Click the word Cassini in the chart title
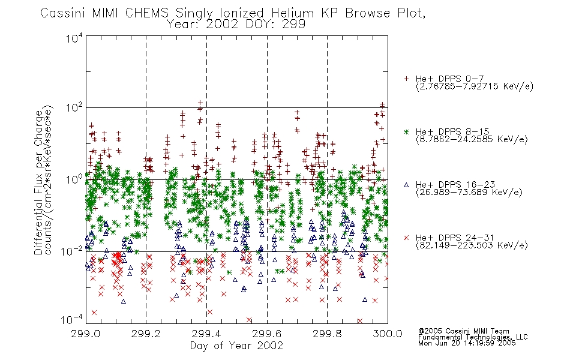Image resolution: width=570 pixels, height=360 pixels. click(62, 13)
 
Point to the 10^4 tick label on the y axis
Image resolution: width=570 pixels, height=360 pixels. click(74, 38)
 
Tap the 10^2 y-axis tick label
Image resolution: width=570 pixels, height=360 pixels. click(74, 108)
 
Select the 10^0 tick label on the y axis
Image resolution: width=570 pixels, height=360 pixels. click(74, 180)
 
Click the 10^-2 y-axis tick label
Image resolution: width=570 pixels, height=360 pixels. click(73, 251)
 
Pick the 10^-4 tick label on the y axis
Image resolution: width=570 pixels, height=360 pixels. click(73, 320)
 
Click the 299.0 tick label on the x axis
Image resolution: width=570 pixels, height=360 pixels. click(85, 334)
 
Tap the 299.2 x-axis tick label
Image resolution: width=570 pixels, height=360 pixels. click(146, 334)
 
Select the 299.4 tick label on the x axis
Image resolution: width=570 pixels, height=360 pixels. click(206, 334)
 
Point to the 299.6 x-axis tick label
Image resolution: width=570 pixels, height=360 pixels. click(267, 334)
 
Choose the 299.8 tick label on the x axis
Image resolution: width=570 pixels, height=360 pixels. click(327, 334)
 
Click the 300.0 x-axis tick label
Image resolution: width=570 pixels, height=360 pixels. click(388, 334)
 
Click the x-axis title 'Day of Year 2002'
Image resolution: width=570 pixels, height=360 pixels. click(236, 346)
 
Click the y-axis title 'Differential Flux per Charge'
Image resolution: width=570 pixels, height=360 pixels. click(38, 182)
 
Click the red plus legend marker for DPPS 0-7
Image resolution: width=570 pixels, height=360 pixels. click(406, 79)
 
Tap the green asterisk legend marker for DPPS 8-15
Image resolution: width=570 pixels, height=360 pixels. click(406, 131)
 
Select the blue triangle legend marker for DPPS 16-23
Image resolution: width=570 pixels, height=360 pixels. click(406, 185)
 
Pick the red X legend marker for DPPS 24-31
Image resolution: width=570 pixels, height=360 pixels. click(406, 238)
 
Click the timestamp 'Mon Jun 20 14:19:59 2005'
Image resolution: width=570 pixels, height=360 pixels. click(467, 343)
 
